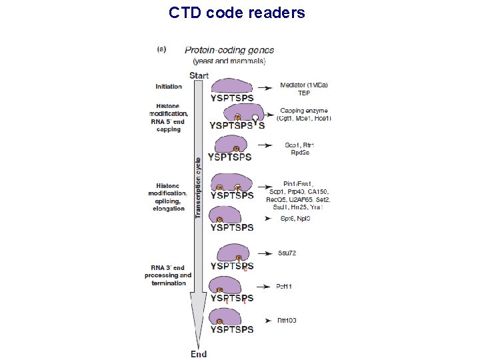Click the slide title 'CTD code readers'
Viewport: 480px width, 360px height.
click(237, 13)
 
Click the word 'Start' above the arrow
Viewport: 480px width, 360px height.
click(199, 75)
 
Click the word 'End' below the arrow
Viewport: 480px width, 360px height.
click(199, 354)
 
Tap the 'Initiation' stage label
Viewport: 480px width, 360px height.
click(169, 87)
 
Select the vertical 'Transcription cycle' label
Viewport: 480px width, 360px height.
click(197, 187)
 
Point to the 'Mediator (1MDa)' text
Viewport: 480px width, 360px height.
click(304, 85)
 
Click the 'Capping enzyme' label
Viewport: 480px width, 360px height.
click(303, 111)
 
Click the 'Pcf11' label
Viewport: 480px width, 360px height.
click(285, 286)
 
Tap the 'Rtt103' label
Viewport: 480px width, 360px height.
click(287, 321)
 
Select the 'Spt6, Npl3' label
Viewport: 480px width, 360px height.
click(293, 218)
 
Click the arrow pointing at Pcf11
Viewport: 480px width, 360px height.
click(263, 286)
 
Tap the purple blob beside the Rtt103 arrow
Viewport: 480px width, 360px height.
click(231, 316)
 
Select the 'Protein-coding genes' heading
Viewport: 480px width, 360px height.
click(229, 50)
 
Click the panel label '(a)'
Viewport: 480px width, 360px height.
click(161, 48)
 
